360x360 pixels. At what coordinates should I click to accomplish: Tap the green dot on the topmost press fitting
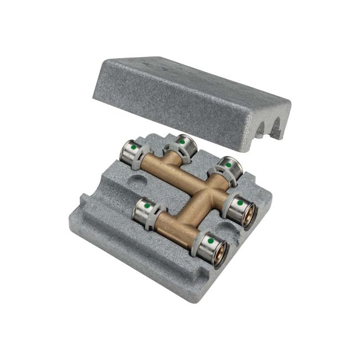point(181,138)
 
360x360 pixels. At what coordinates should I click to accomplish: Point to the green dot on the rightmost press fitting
point(240,203)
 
